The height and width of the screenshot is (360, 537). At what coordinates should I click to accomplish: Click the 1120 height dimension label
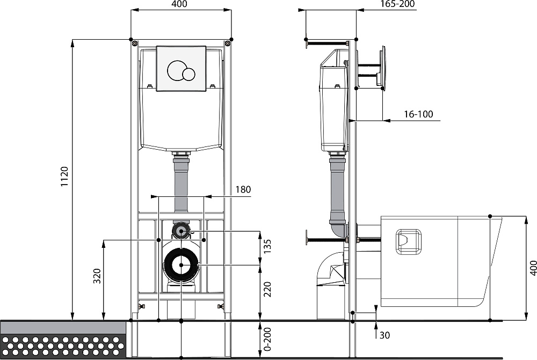coord(64,177)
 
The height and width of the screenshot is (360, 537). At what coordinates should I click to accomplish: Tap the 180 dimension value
coord(243,189)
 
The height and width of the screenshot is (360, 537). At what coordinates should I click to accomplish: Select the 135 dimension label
coord(267,246)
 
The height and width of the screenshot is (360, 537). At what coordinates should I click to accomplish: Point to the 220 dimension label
coord(267,289)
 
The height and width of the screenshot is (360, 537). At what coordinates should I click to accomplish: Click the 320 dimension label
coord(97,276)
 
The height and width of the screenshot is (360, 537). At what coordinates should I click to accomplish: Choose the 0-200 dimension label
coord(267,339)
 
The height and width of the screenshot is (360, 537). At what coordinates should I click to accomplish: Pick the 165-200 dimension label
coord(397,4)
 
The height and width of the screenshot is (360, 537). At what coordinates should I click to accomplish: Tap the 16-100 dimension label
coord(418,114)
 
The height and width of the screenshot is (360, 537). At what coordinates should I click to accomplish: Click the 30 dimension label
coord(384,335)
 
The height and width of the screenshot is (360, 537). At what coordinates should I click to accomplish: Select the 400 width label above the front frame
coord(179,4)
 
